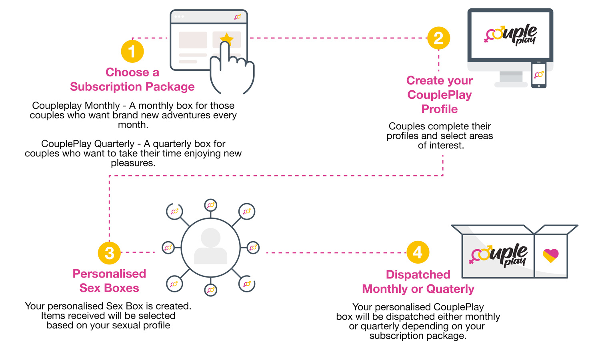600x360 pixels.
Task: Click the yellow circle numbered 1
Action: click(x=132, y=51)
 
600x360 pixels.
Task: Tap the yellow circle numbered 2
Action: click(x=438, y=38)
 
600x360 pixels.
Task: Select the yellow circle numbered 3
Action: click(x=109, y=253)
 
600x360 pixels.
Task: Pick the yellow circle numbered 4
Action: click(x=418, y=252)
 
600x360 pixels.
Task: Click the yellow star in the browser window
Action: click(x=227, y=39)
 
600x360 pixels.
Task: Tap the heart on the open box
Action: click(x=551, y=256)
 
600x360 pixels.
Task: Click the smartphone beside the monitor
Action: click(x=539, y=75)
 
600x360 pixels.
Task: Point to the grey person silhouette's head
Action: click(x=210, y=238)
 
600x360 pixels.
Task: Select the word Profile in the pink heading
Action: click(x=439, y=109)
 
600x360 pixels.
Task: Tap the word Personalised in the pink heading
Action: click(x=109, y=274)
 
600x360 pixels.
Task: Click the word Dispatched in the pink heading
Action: click(x=418, y=274)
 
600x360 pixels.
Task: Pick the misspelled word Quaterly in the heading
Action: click(x=450, y=289)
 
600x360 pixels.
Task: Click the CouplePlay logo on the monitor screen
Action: click(x=510, y=35)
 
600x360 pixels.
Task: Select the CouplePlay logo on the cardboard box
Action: click(x=498, y=254)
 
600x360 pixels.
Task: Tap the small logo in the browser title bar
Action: click(x=238, y=17)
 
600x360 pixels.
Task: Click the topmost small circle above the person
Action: click(x=210, y=206)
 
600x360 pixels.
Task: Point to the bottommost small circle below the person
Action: click(x=210, y=290)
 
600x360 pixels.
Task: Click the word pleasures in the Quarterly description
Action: click(x=133, y=163)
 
